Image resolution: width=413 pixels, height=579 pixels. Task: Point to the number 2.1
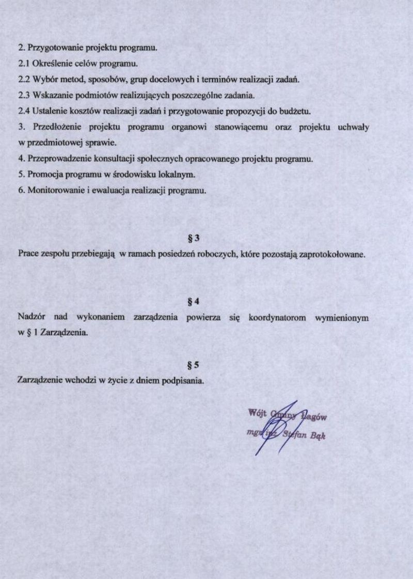[23, 64]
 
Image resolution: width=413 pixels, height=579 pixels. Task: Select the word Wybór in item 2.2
[44, 80]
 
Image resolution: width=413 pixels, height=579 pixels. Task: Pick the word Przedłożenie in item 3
[55, 127]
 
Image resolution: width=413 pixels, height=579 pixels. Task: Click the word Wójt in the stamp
[257, 413]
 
